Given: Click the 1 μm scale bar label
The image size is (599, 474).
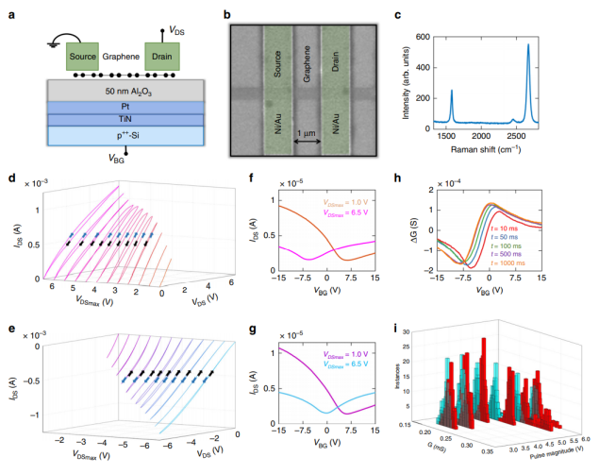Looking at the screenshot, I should click(308, 132).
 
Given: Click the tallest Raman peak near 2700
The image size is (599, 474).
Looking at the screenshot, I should click(528, 45).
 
